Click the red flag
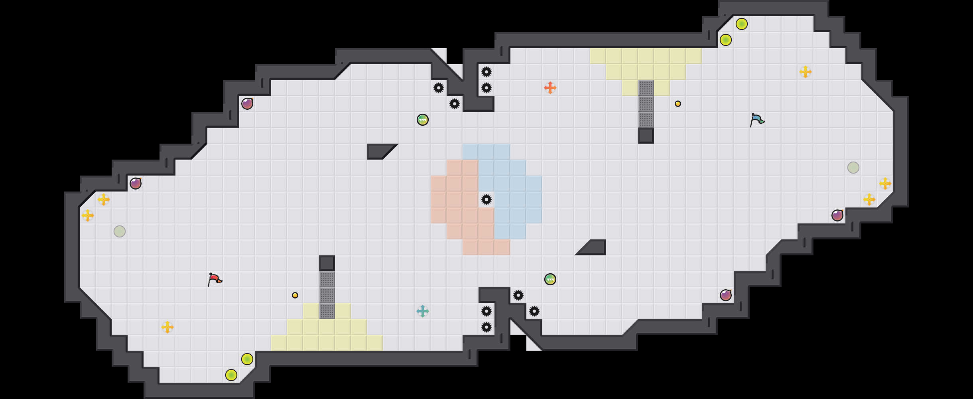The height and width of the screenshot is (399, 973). coord(214,279)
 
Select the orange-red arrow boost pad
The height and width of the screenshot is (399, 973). coord(550,88)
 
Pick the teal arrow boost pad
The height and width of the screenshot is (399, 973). coord(423,311)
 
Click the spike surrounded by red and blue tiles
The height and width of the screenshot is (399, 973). coord(486,199)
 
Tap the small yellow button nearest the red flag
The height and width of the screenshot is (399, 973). coord(295,295)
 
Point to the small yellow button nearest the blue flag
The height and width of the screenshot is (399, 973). coord(678,104)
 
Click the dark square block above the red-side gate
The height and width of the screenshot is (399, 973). coord(327,263)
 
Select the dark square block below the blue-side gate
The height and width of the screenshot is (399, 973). coord(646,136)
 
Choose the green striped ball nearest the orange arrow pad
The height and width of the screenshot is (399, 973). coord(423,120)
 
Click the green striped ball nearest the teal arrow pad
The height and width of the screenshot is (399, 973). coord(550,279)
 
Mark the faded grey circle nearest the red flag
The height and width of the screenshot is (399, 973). coord(120,231)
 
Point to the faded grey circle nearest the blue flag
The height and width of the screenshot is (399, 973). coord(853,168)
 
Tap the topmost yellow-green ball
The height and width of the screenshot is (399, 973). coord(742,24)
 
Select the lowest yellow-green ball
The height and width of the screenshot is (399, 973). coord(231,375)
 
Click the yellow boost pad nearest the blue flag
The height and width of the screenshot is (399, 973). coord(806,72)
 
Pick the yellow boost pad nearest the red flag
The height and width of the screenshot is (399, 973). coord(167,327)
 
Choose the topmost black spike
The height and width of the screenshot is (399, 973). coord(486,72)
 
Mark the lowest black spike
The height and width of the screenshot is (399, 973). coord(486,327)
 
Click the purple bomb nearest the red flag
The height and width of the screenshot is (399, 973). coord(136,184)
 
